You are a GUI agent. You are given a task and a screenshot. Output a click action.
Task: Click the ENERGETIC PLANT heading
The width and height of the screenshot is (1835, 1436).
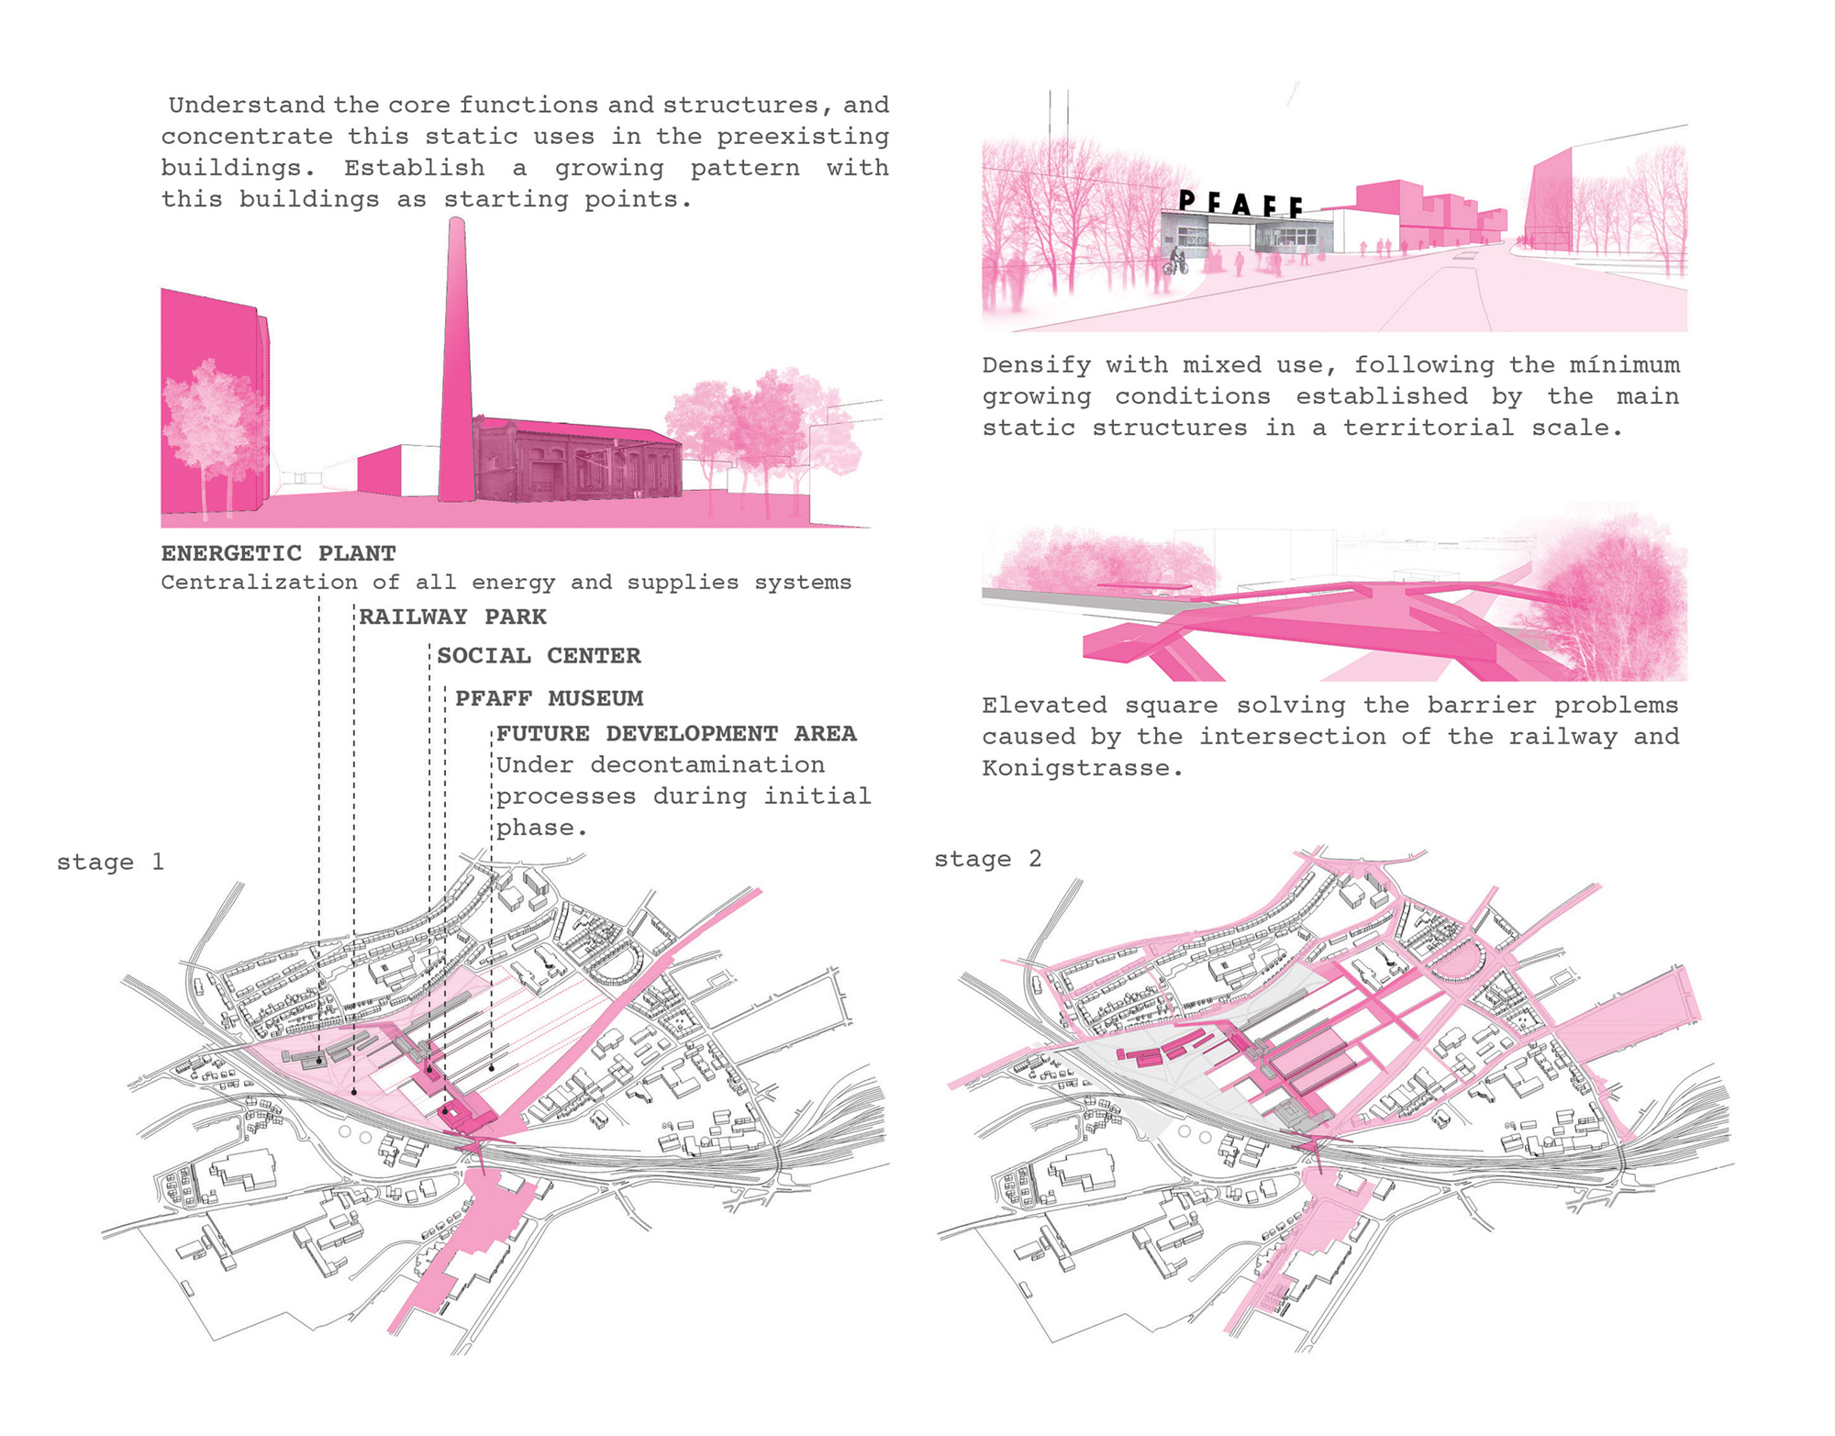click(278, 553)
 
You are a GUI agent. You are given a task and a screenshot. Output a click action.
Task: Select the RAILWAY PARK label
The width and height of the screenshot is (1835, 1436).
click(452, 617)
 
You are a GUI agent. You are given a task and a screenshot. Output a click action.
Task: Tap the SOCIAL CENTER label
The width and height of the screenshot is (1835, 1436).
click(539, 656)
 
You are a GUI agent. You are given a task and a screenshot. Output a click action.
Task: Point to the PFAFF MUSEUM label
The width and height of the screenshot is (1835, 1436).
click(549, 698)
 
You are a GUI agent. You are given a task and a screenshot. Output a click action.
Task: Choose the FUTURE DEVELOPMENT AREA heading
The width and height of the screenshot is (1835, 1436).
click(676, 734)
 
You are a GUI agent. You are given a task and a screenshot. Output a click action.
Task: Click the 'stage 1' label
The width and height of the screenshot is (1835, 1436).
click(110, 863)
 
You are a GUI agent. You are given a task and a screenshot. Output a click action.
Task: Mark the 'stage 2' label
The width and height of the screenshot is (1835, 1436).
click(987, 860)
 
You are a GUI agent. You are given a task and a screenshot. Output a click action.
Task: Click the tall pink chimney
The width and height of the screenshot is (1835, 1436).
click(456, 367)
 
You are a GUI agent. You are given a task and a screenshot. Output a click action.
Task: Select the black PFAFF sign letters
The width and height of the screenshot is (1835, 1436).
click(1240, 203)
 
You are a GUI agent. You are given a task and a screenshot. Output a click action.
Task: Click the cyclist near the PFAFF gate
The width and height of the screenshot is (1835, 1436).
click(1175, 261)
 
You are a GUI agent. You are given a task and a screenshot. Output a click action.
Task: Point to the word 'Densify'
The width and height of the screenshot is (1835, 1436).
click(1036, 365)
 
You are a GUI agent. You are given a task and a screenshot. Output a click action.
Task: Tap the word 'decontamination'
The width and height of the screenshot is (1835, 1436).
click(706, 765)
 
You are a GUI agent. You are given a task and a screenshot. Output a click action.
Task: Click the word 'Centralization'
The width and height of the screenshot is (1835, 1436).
click(259, 583)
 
